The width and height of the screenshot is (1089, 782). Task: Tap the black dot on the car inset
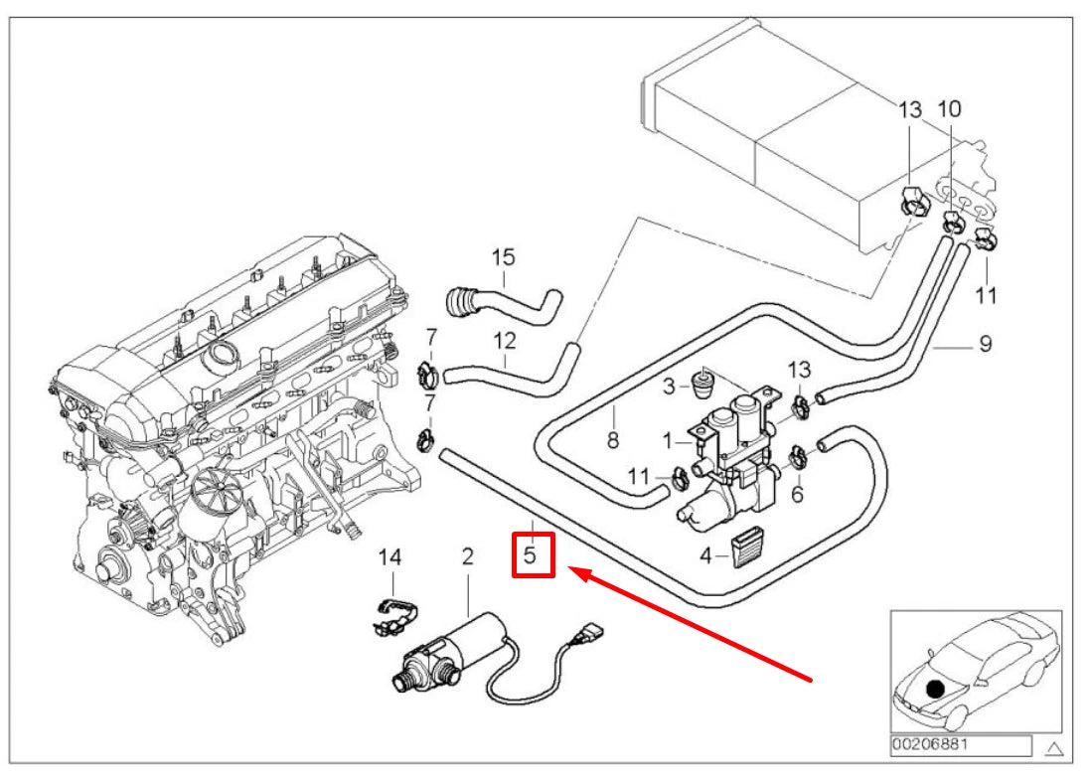[x=934, y=687]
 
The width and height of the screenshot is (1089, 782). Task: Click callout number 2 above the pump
[x=466, y=556]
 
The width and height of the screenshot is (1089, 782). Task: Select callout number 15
[x=504, y=258]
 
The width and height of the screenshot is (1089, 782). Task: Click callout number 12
[x=506, y=340]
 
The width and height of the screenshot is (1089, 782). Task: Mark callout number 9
[x=985, y=344]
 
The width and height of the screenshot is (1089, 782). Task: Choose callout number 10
[x=949, y=107]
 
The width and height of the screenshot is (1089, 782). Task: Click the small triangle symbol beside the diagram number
[x=1054, y=745]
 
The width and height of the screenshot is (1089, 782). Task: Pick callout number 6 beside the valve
[x=796, y=493]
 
